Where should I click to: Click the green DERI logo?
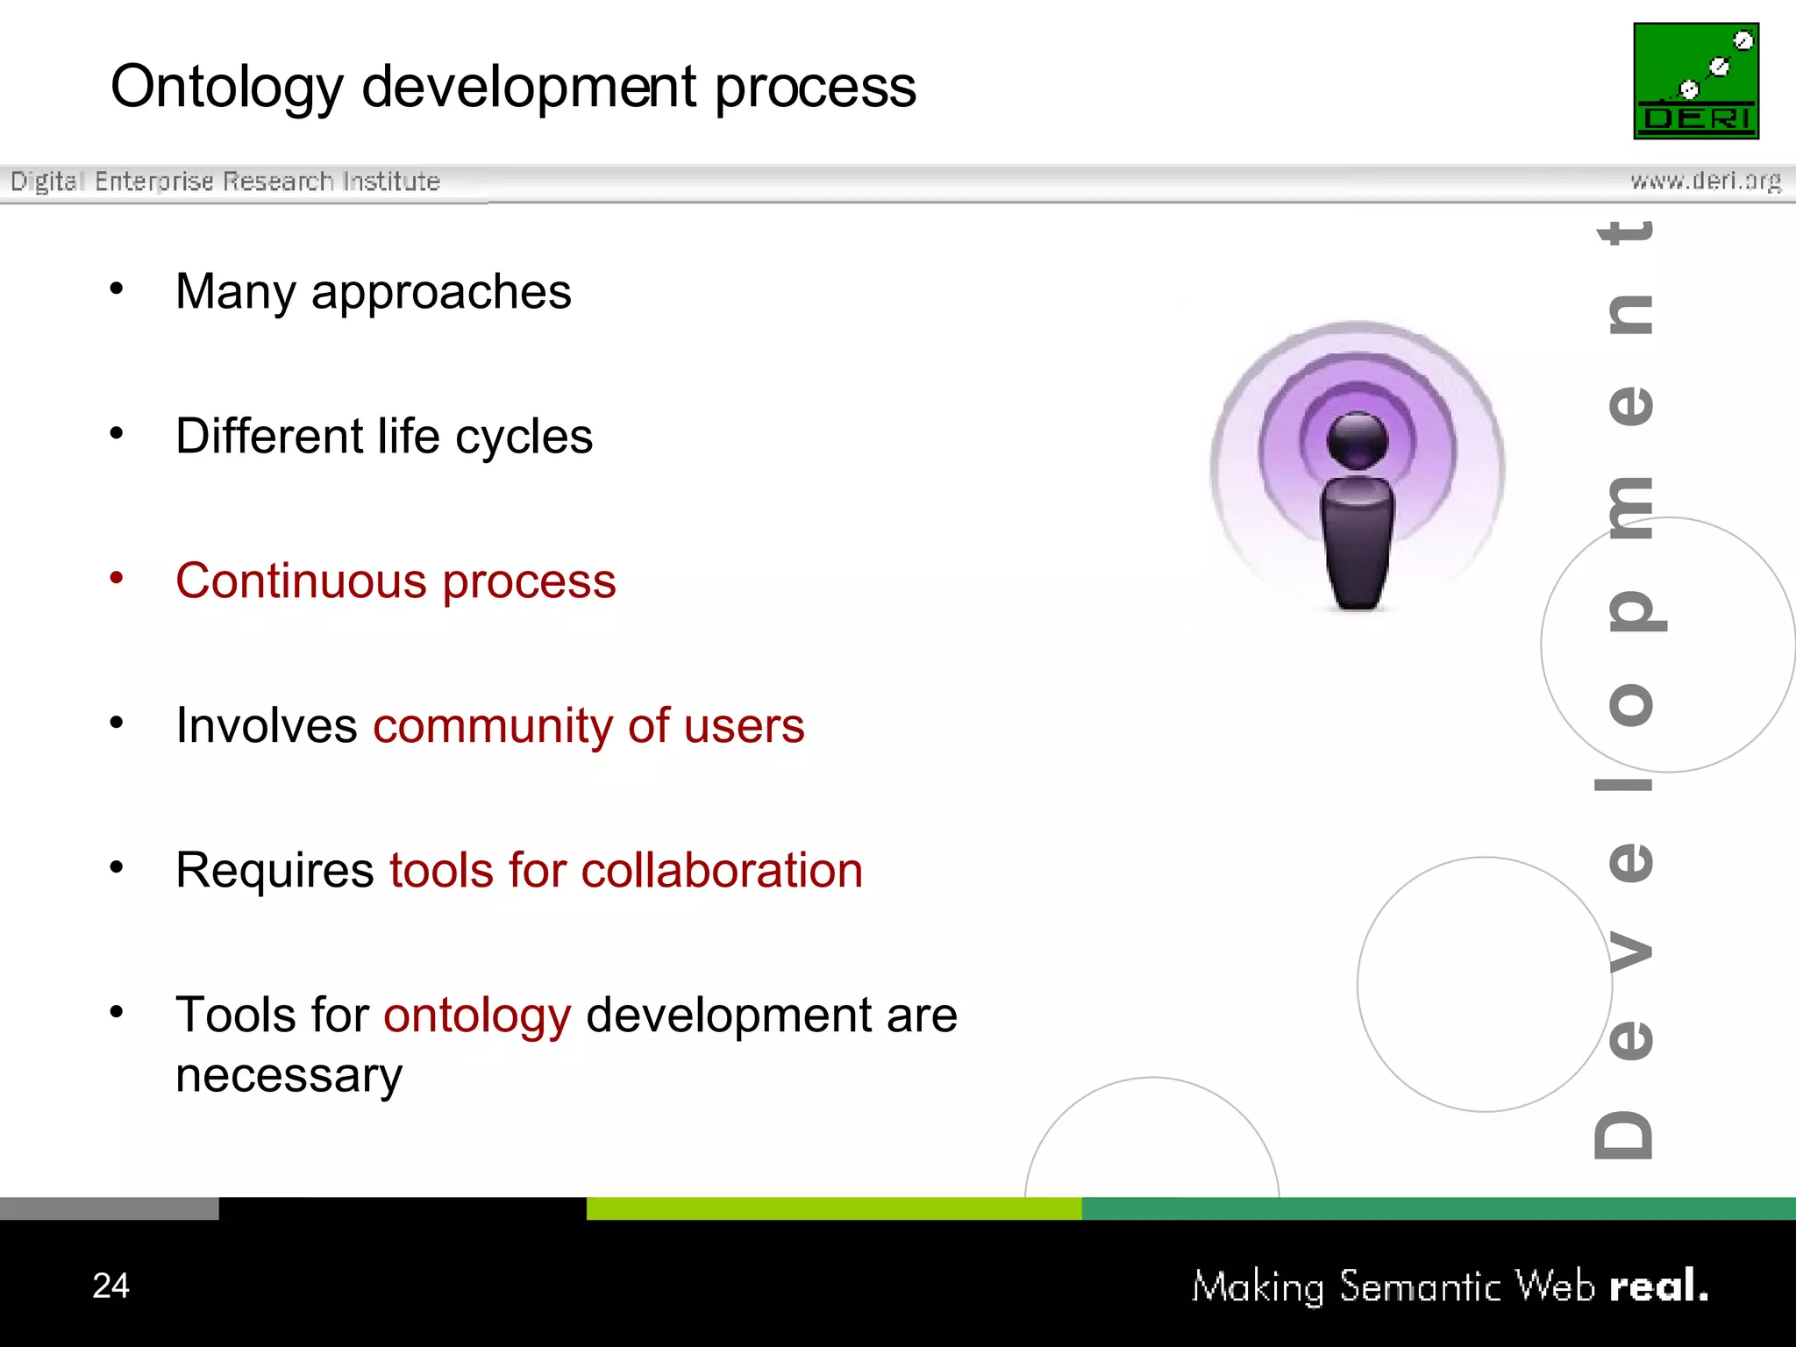tap(1695, 81)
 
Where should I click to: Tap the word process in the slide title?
tap(815, 89)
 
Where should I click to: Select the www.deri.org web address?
tap(1705, 182)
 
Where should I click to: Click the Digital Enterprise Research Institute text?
tap(225, 182)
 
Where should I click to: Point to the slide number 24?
tap(110, 1286)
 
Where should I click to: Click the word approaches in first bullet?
tap(440, 293)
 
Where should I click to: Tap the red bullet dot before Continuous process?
tap(117, 577)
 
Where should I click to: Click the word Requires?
tap(274, 871)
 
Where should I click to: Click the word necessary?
tap(289, 1075)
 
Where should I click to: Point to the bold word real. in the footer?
tap(1658, 1286)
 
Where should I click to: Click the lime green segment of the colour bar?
tap(833, 1208)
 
